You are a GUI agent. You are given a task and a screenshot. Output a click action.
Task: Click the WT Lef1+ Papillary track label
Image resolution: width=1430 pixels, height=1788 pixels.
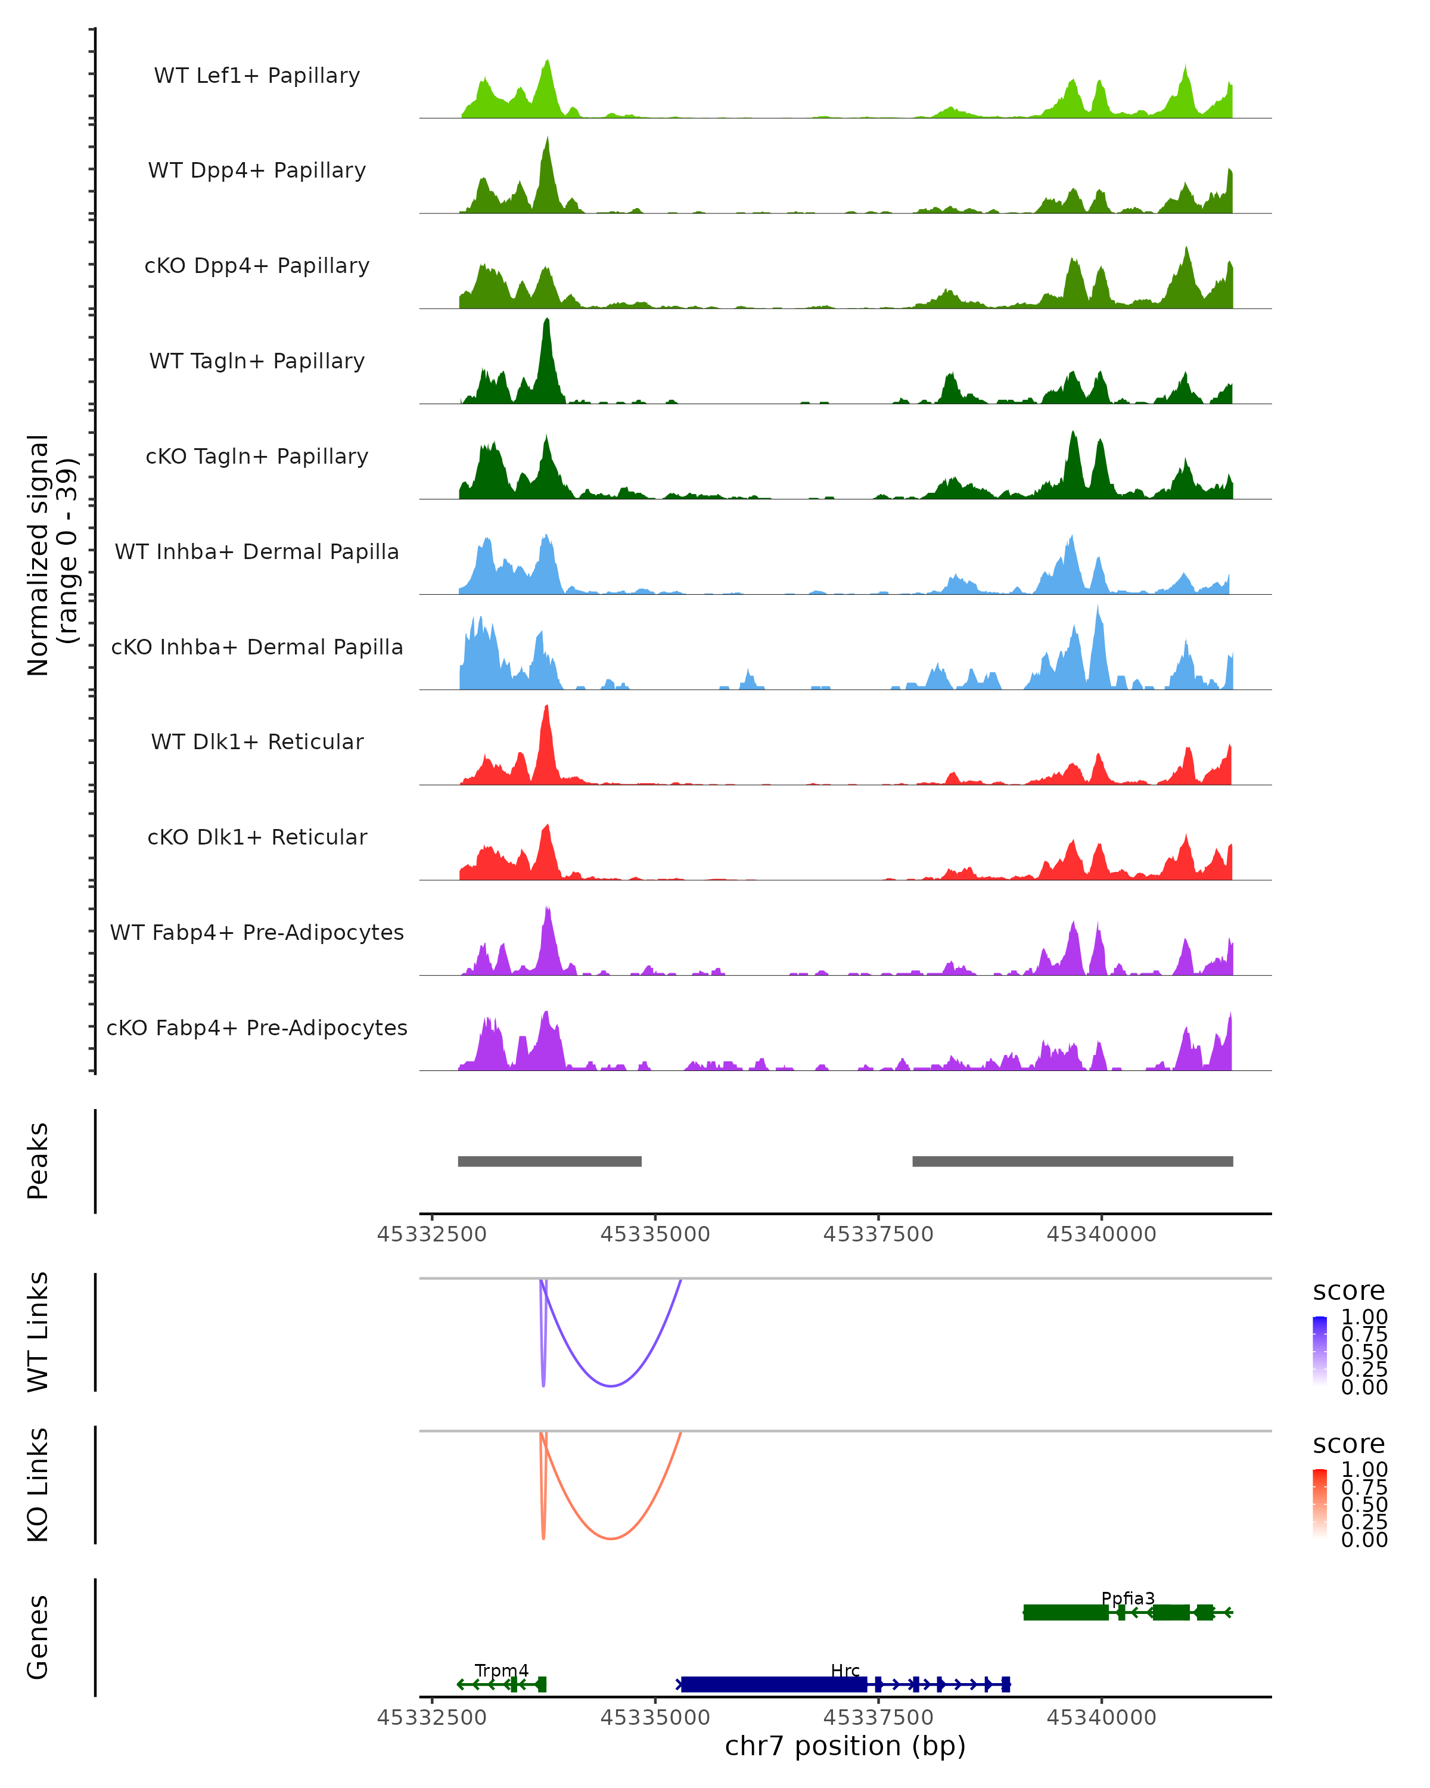click(x=257, y=76)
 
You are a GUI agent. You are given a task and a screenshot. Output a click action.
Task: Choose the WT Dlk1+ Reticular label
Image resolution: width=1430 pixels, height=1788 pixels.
click(x=257, y=741)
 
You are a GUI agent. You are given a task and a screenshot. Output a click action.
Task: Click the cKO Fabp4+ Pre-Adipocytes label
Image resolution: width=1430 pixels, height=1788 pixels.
click(x=257, y=1028)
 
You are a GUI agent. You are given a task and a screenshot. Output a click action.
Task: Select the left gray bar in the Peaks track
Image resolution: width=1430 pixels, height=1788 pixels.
click(x=549, y=1161)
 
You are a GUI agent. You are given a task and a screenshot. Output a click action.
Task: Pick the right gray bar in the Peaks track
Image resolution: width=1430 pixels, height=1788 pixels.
click(x=1072, y=1161)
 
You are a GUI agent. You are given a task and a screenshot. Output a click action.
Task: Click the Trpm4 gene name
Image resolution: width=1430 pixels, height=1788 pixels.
click(x=502, y=1670)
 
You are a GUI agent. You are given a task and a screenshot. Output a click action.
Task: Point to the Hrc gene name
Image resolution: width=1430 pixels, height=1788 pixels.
click(x=845, y=1670)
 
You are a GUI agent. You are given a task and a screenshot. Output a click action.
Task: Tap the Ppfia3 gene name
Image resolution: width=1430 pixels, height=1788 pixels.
click(x=1127, y=1598)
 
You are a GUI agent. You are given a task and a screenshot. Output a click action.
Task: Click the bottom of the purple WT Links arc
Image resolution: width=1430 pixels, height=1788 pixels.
click(x=611, y=1385)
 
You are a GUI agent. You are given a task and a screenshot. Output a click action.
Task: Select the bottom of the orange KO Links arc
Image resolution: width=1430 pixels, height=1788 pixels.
click(x=611, y=1538)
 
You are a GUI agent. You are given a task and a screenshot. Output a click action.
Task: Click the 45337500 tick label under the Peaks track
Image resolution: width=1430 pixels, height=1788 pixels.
click(x=878, y=1234)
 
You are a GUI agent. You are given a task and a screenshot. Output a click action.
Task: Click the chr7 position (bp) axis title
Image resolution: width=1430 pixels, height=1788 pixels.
click(x=845, y=1746)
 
